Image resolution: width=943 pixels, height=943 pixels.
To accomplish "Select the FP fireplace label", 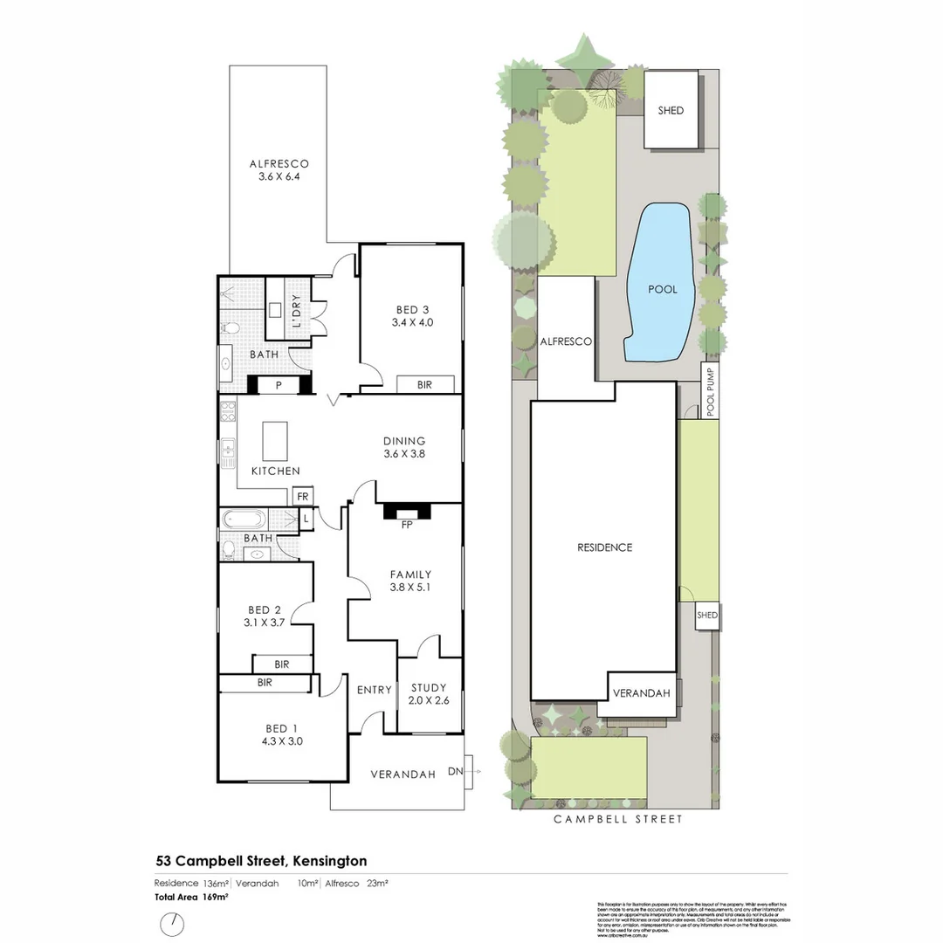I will click(406, 525).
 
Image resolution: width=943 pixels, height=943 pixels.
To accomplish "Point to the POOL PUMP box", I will click(710, 391).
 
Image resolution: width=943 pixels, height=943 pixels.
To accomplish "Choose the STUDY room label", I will click(428, 693).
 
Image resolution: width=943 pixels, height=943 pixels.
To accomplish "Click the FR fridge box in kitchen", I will click(302, 496).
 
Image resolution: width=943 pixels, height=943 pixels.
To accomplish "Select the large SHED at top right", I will click(671, 110).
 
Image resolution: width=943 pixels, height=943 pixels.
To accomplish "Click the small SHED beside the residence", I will click(706, 616).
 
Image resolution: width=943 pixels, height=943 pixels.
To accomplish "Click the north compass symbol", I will click(174, 923).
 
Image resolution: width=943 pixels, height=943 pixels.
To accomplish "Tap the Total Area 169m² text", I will click(191, 897).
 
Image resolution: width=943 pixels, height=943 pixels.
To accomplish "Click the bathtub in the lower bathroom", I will click(248, 519).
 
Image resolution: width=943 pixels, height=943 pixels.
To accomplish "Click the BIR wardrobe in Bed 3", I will click(425, 384).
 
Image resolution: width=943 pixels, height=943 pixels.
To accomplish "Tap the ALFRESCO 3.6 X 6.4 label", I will click(279, 169).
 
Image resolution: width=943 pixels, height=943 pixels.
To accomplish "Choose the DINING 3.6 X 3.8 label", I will click(404, 447).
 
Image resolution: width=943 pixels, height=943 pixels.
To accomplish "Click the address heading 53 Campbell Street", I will click(261, 861).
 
